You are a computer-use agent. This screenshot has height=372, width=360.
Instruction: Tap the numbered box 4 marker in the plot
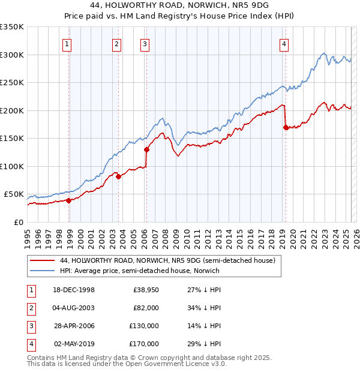coord(283,43)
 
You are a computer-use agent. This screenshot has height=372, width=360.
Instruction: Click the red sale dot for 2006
coord(146,150)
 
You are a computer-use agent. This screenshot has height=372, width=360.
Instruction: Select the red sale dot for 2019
coord(285,127)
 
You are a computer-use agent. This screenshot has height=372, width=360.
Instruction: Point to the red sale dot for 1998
coord(69,200)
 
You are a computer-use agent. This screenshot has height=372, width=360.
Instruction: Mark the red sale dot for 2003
coord(118,176)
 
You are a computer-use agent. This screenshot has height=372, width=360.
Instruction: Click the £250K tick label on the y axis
coord(11,83)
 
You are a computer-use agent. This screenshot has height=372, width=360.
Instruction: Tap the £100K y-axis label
coord(11,166)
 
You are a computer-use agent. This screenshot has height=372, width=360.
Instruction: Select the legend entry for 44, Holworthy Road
coord(167,260)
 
